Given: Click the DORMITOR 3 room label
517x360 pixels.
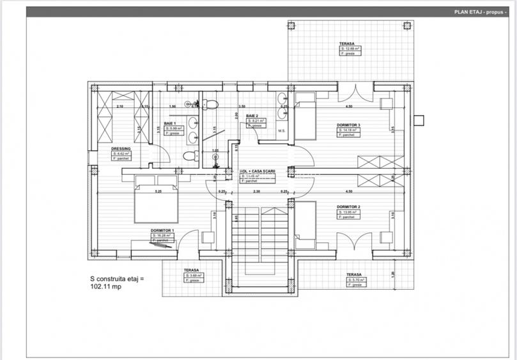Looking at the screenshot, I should click(x=349, y=125).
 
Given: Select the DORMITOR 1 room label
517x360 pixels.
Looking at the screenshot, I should click(x=162, y=230).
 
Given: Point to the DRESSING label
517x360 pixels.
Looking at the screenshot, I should click(x=121, y=148).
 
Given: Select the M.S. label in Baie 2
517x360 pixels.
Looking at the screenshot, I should click(x=281, y=131).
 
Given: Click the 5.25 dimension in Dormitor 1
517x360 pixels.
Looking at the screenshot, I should click(x=157, y=191).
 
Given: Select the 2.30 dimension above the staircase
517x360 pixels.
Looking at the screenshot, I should click(x=256, y=191).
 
